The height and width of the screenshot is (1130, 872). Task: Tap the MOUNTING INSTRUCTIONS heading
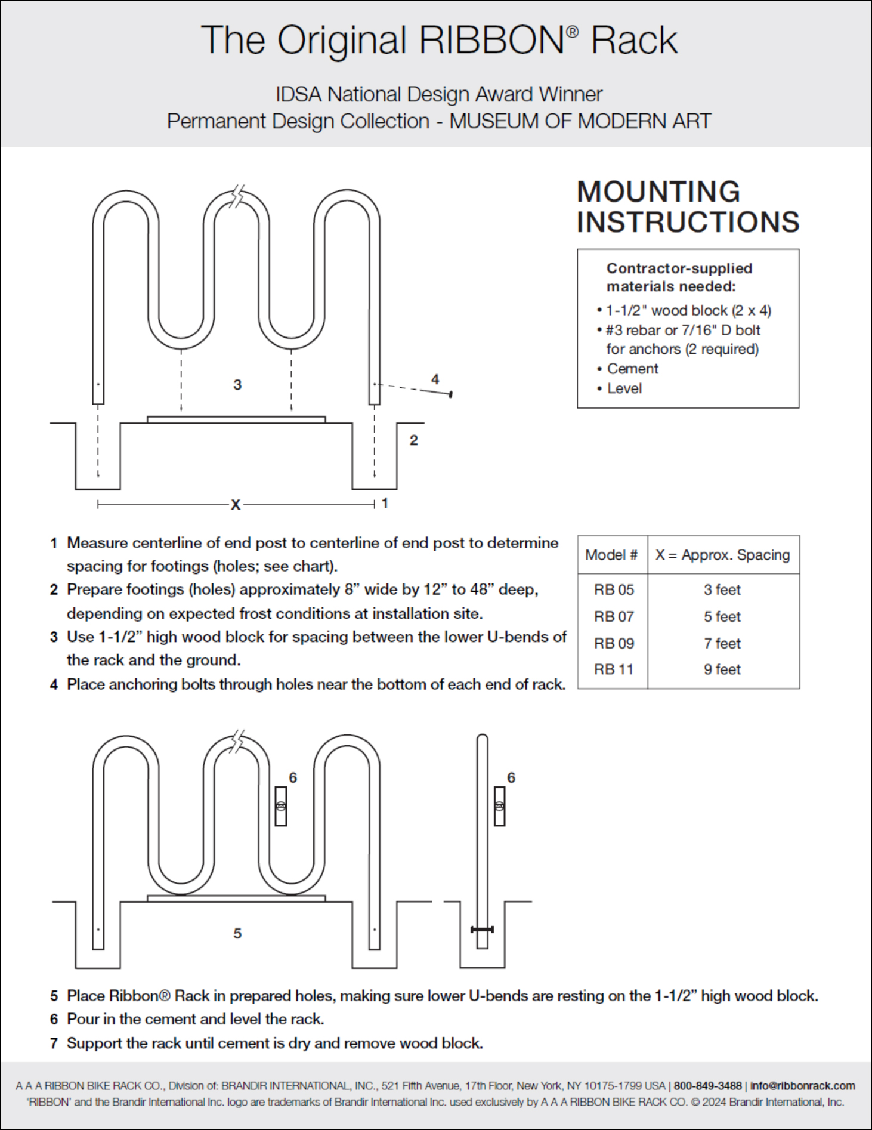[x=688, y=207]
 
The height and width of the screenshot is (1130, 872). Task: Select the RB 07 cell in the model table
[x=614, y=616]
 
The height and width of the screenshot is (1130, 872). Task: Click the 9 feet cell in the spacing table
[x=722, y=669]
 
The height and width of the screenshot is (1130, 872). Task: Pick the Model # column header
[x=611, y=555]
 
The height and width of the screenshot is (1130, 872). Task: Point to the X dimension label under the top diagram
[x=236, y=505]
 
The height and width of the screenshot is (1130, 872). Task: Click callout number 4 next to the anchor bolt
[x=435, y=379]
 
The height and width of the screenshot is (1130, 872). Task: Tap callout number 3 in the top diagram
[x=237, y=385]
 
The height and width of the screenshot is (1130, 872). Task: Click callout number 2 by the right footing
[x=414, y=440]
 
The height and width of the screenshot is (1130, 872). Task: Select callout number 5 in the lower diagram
[x=237, y=933]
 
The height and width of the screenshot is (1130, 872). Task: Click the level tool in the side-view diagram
[x=500, y=806]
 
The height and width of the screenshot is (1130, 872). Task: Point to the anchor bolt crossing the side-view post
[x=482, y=929]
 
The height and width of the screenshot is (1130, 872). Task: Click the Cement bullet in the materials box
[x=632, y=369]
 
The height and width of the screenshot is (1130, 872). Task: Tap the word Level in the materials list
[x=624, y=388]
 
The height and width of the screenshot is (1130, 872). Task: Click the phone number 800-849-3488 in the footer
[x=707, y=1086]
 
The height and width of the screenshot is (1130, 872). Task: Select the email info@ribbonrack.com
[x=802, y=1086]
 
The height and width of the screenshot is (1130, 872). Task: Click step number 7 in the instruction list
[x=54, y=1043]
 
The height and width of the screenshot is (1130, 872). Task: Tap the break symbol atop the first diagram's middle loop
[x=238, y=195]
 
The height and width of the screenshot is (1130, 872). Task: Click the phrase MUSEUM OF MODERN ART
[x=580, y=121]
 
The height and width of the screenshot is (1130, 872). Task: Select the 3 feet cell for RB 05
[x=722, y=589]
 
